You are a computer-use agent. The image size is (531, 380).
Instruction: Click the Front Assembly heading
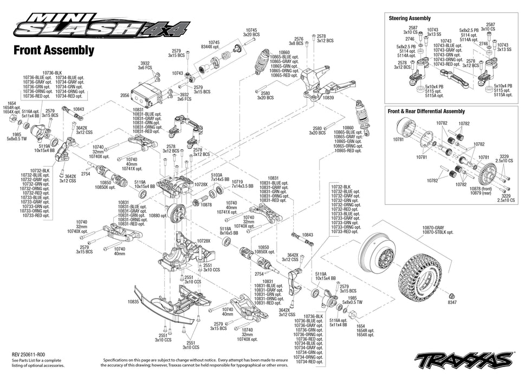pyautogui.click(x=54, y=50)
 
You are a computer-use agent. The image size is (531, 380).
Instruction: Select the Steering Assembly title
pyautogui.click(x=410, y=18)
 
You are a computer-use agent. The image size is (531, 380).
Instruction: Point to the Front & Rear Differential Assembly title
pyautogui.click(x=426, y=111)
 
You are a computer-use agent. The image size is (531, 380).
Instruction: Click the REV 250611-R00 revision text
pyautogui.click(x=33, y=353)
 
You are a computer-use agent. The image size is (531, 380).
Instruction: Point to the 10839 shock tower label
pyautogui.click(x=328, y=98)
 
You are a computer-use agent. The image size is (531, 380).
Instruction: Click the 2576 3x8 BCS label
pyautogui.click(x=299, y=39)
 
